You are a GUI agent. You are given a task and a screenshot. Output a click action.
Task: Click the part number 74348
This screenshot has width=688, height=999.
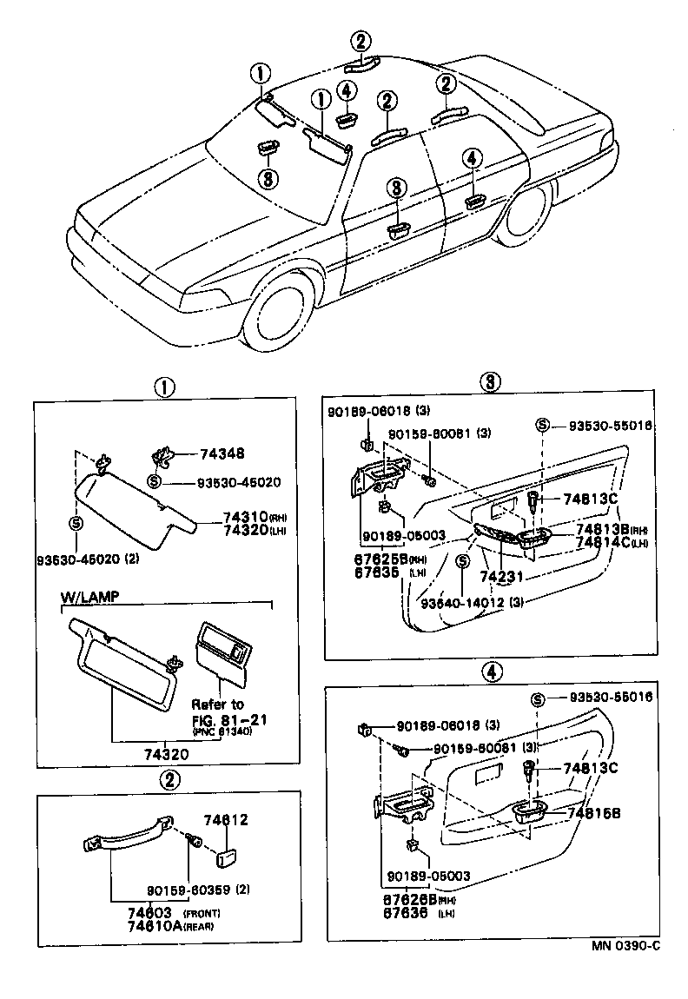(222, 453)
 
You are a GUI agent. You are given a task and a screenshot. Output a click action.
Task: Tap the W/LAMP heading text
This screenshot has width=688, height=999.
(89, 598)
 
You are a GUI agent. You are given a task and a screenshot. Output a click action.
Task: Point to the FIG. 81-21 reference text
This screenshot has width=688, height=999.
(217, 718)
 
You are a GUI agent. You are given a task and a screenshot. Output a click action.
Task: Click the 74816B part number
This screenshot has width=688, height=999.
(594, 811)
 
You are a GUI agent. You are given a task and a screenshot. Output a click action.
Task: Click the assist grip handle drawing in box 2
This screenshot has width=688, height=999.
(130, 837)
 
